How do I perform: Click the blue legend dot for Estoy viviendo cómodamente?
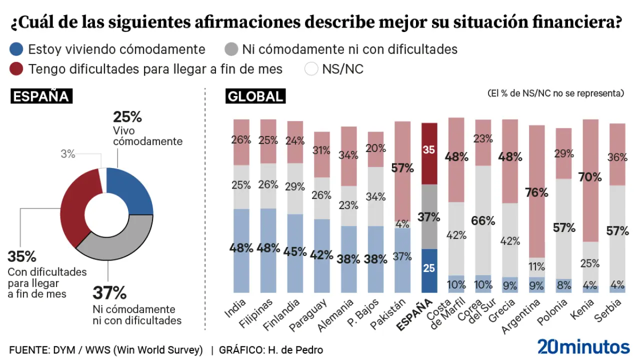16,49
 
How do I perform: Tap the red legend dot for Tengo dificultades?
16,68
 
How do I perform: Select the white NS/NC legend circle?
311,68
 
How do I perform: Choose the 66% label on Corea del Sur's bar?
483,220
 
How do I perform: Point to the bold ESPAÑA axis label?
414,315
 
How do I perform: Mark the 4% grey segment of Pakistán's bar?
402,224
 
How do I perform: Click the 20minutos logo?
583,346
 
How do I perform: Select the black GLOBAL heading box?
255,96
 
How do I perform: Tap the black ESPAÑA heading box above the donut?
41,96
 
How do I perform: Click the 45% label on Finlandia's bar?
294,251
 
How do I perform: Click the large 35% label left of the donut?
21,256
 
